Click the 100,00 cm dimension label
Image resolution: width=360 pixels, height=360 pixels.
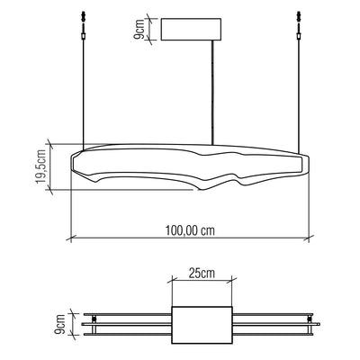tap(190, 230)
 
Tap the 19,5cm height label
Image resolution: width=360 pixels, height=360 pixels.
tap(40, 166)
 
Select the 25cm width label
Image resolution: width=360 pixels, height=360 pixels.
tap(202, 273)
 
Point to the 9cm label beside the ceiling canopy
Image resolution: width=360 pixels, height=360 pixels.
tap(139, 29)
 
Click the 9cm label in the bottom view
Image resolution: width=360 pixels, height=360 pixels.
tap(59, 324)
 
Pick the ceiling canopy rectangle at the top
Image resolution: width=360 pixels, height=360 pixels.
tap(192, 29)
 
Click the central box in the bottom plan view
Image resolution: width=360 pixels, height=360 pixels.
tap(202, 325)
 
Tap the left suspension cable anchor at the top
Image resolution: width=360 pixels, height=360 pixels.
tap(84, 25)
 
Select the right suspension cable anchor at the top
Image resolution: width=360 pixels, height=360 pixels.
tap(298, 25)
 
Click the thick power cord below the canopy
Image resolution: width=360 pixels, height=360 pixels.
tap(212, 93)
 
